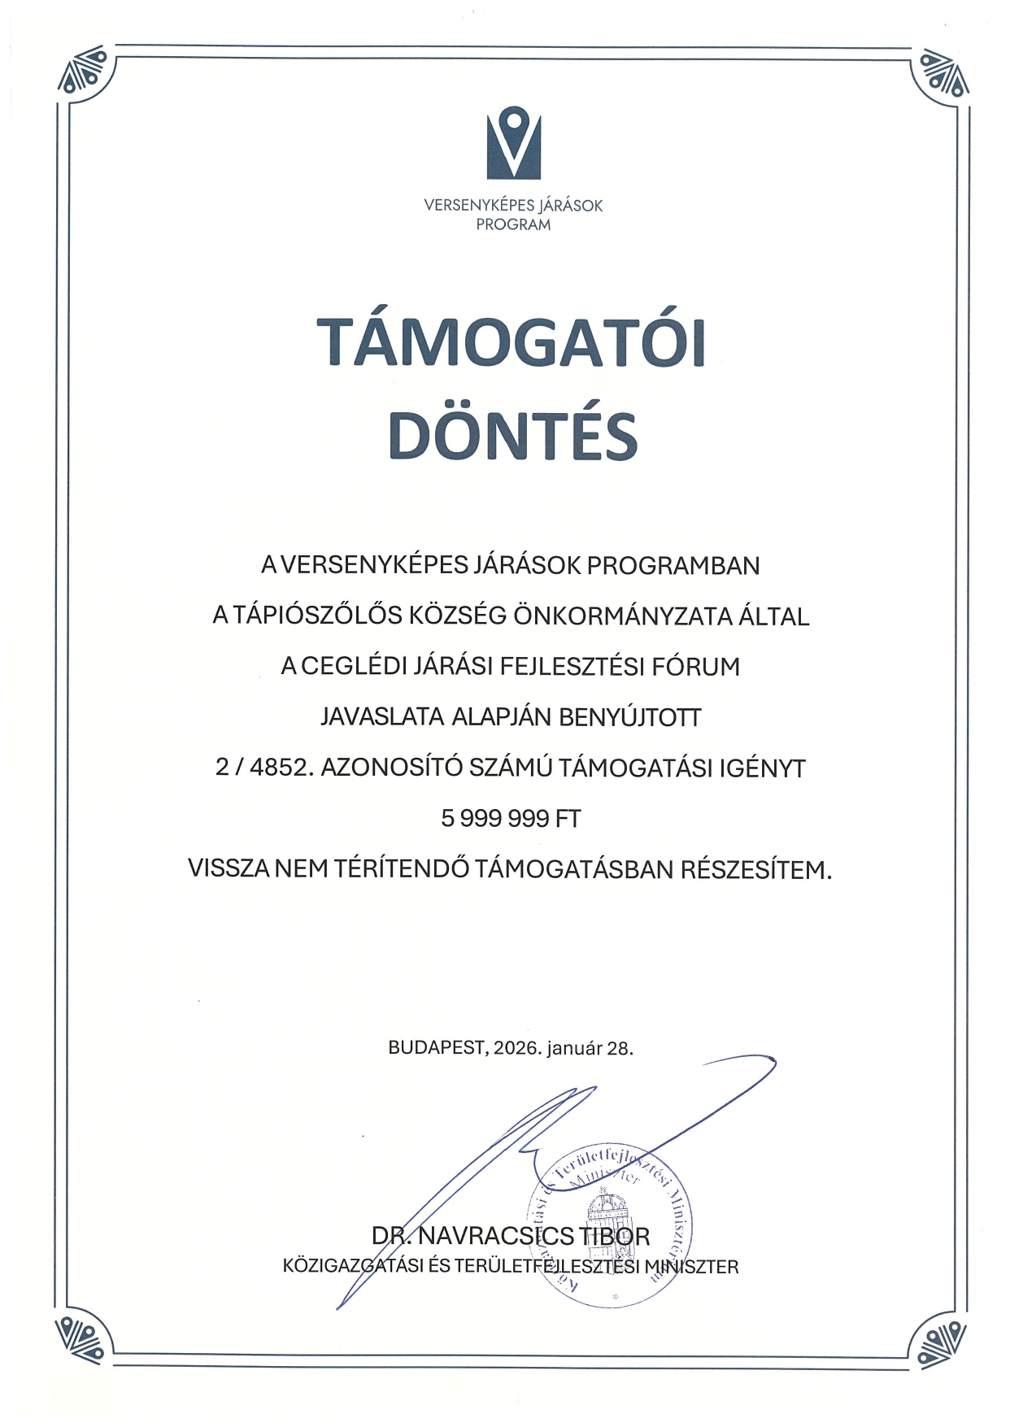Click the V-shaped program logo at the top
(514, 143)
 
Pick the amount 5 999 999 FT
(511, 819)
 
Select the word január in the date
(575, 1048)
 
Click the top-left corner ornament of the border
(84, 72)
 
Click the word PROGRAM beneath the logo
(513, 224)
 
